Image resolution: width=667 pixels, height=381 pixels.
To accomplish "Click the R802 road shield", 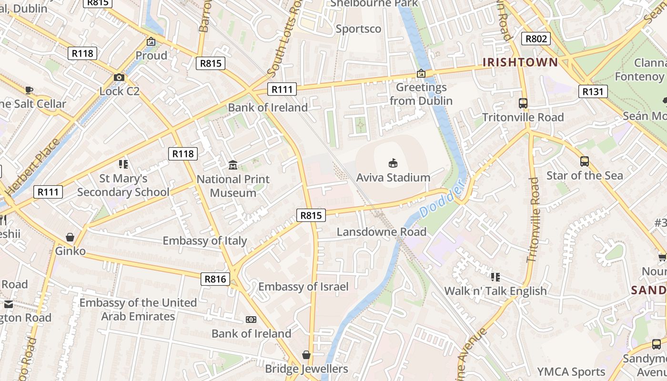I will [536, 39].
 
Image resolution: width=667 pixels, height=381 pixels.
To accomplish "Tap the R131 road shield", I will [593, 91].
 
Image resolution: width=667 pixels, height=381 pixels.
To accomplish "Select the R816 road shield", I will [215, 279].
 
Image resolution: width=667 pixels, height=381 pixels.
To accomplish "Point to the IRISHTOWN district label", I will [520, 62].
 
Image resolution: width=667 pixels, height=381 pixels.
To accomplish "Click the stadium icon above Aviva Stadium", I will [393, 163].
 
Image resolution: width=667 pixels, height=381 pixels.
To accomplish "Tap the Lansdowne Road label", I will [382, 232].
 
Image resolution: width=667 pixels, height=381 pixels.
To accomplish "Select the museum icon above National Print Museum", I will [233, 165].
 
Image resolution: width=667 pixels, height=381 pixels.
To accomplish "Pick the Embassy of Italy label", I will [205, 241].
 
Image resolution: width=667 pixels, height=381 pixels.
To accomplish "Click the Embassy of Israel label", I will [303, 287].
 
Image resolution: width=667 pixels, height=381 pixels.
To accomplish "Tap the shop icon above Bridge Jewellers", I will [306, 355].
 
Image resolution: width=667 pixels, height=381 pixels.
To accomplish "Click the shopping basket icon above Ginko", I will [70, 237].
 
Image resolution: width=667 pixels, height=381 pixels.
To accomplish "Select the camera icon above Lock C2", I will [119, 77].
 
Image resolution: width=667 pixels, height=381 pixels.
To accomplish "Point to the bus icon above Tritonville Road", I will [523, 103].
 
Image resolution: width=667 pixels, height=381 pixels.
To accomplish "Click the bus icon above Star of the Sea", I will [585, 161].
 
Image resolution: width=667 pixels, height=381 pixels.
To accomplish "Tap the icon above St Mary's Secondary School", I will [123, 164].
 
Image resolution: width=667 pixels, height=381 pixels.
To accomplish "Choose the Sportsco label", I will [358, 29].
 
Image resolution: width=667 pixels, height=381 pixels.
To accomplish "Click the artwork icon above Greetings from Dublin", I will [421, 73].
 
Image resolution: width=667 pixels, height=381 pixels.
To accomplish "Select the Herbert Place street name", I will [33, 167].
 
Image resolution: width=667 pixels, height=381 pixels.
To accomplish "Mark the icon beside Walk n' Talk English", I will [495, 277].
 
